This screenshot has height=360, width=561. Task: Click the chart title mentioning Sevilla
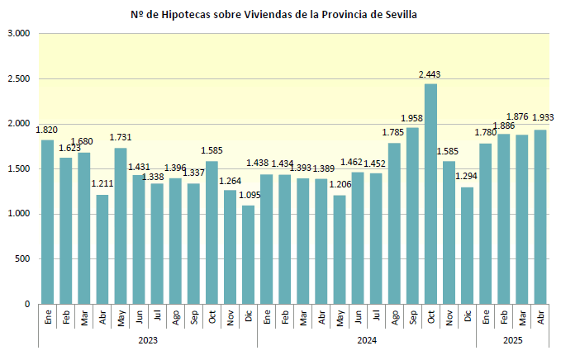coord(279,15)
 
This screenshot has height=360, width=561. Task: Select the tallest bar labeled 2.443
coord(430,194)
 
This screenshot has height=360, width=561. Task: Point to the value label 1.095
coord(249,195)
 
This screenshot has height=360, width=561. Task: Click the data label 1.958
coord(412,118)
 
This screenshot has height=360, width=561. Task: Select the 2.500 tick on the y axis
coord(17,79)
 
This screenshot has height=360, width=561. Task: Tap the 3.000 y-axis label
coord(17,34)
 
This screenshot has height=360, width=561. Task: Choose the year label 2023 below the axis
coord(148,339)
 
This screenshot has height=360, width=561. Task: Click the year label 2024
coord(367,339)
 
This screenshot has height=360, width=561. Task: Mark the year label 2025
coord(513,339)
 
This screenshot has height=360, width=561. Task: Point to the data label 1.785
coord(393,132)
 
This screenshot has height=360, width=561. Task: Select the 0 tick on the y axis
coord(26,305)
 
